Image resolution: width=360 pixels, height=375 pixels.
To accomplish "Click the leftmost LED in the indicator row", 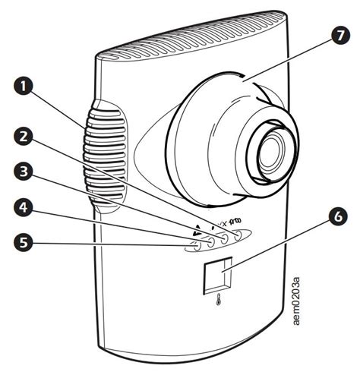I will [x=196, y=245].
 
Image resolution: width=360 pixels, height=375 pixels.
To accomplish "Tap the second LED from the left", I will [x=210, y=242].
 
